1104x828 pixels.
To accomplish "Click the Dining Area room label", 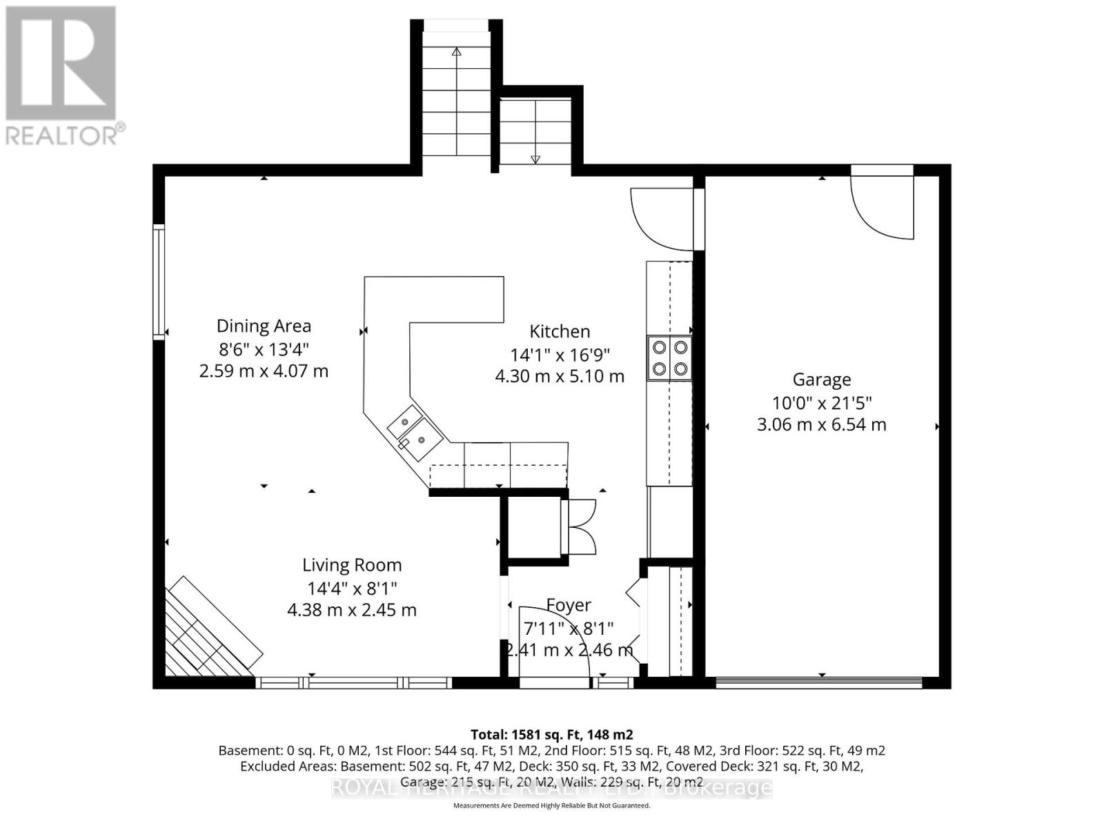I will point(264,326).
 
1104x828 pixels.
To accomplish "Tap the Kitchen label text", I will point(560,331).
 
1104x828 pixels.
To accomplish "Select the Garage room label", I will point(821,379).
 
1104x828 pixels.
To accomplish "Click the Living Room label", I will point(352,565).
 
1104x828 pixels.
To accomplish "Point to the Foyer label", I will point(569,605).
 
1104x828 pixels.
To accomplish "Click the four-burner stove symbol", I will point(669,358).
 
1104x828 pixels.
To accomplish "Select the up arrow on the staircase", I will point(456,52).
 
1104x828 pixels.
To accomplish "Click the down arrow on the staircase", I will point(535,159).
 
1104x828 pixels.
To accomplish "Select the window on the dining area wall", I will point(159,281).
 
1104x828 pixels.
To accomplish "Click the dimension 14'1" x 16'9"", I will point(560,355).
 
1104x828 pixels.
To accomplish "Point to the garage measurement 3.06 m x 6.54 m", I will point(821,424).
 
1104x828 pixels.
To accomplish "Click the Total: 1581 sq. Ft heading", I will point(551,734).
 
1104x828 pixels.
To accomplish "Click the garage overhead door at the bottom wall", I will point(820,683).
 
